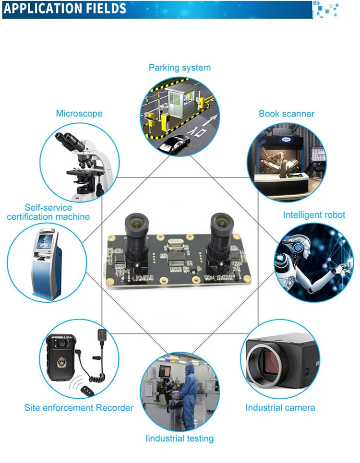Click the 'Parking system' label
pyautogui.click(x=180, y=68)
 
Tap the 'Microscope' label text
pyautogui.click(x=79, y=113)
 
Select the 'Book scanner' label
pyautogui.click(x=287, y=114)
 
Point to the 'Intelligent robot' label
pyautogui.click(x=314, y=214)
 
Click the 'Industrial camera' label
pyautogui.click(x=280, y=408)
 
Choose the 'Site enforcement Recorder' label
pyautogui.click(x=79, y=408)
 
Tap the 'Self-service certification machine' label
pyautogui.click(x=48, y=212)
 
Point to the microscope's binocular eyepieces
pyautogui.click(x=71, y=140)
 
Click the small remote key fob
pyautogui.click(x=88, y=391)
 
